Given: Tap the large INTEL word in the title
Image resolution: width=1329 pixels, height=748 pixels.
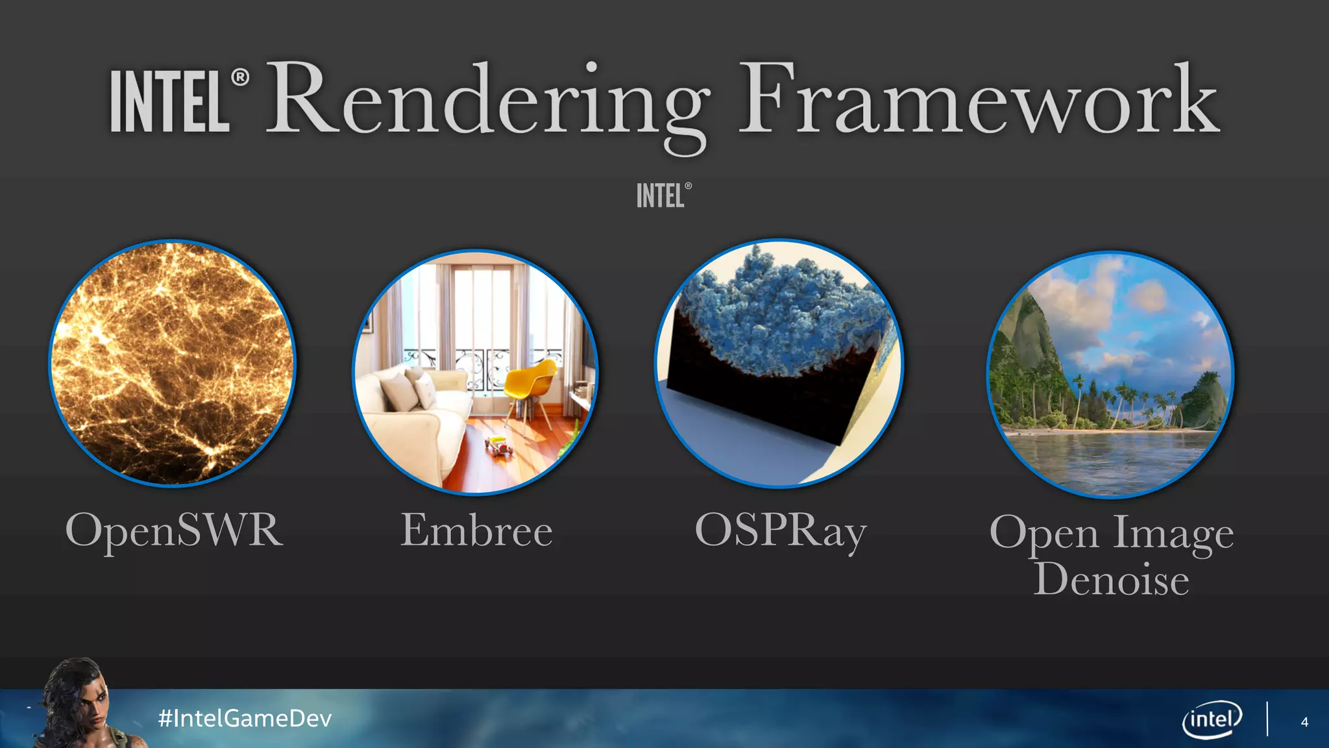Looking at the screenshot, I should [170, 102].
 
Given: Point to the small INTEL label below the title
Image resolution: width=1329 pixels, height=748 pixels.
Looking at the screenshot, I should [661, 195].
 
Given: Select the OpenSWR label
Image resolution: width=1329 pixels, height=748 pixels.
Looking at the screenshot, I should [174, 530].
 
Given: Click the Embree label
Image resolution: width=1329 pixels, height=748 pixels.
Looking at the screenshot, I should [476, 530].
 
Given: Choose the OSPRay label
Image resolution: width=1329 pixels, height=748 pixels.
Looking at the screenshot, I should [780, 531].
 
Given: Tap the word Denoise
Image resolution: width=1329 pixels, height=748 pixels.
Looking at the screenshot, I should [1111, 579].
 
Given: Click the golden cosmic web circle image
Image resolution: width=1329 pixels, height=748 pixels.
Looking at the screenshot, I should [173, 364].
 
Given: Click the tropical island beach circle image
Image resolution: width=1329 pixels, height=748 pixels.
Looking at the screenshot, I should [1110, 375].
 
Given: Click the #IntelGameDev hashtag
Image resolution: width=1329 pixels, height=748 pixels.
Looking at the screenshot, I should [245, 718].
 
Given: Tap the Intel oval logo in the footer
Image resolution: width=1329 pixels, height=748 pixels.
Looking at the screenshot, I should [1212, 719].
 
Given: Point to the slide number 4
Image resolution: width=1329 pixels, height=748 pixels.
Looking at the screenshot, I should [1304, 722].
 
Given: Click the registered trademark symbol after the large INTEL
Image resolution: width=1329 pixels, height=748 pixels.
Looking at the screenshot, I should [240, 78].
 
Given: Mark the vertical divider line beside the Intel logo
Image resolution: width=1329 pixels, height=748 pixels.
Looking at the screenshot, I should [1267, 719].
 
